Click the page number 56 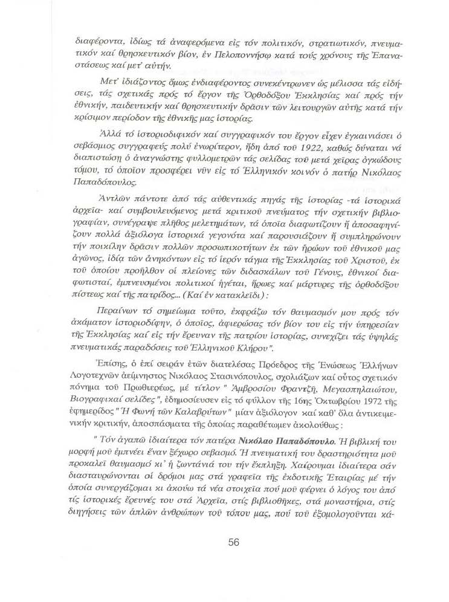(234, 542)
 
